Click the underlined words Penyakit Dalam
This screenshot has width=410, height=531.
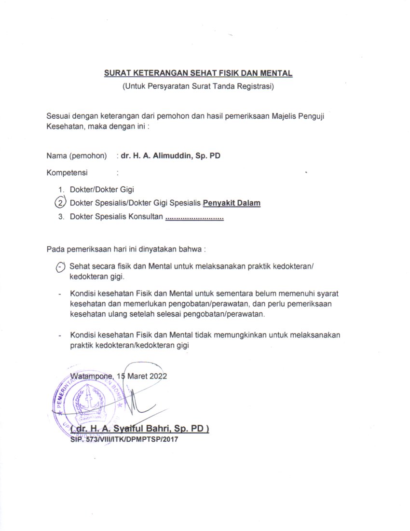(232, 203)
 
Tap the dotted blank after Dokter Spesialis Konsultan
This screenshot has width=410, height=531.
(194, 217)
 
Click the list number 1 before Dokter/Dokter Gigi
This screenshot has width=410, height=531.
(61, 190)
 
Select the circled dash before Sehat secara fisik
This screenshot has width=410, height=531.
(60, 266)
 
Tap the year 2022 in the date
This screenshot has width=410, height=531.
(158, 377)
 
